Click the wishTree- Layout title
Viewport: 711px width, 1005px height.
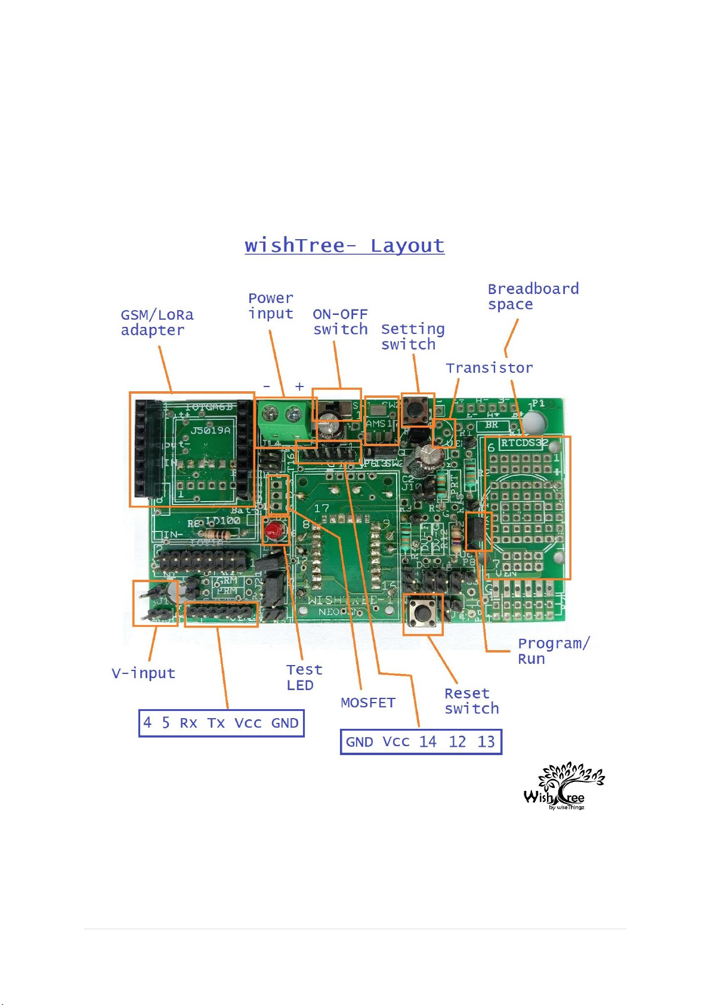pos(344,246)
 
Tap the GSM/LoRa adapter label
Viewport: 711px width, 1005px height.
pos(156,323)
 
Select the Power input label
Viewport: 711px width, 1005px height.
pos(271,306)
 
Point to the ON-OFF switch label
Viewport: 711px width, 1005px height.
pos(340,322)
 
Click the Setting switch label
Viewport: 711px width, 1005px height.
pos(412,337)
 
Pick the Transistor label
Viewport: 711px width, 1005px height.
pos(489,368)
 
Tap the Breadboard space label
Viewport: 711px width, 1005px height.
pos(533,296)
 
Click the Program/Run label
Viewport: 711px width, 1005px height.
pos(553,651)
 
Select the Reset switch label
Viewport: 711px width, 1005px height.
pos(471,701)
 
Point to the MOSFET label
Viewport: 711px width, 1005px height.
pos(367,703)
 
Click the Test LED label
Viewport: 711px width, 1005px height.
pos(304,678)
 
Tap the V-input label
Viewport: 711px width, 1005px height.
pos(143,673)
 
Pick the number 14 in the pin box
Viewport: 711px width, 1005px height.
pos(427,742)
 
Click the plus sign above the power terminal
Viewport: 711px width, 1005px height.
pos(299,386)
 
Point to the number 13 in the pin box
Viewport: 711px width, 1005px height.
pos(486,742)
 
